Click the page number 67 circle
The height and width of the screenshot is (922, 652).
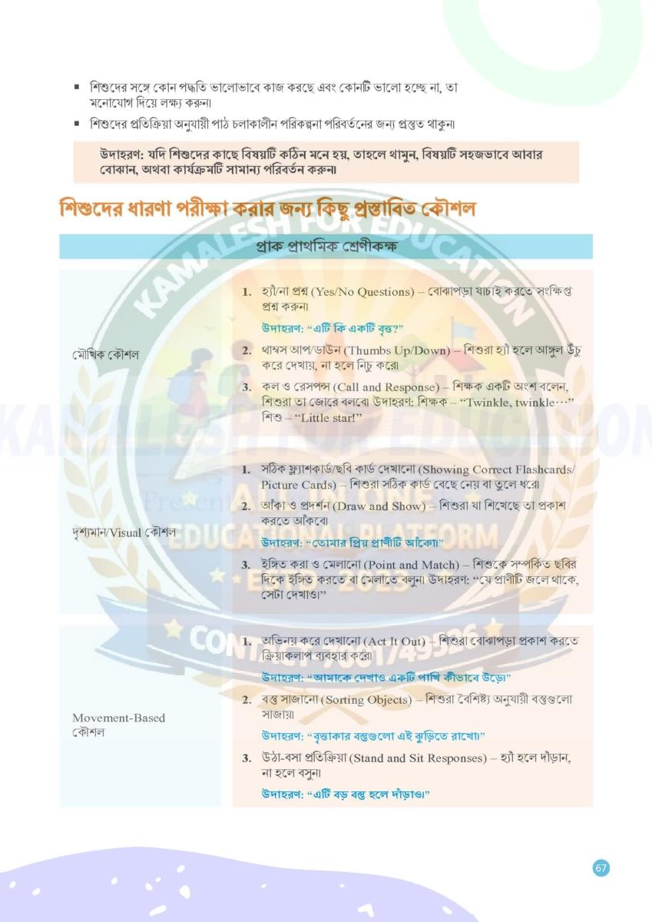pyautogui.click(x=601, y=868)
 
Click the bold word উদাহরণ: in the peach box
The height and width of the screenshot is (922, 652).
pyautogui.click(x=123, y=154)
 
